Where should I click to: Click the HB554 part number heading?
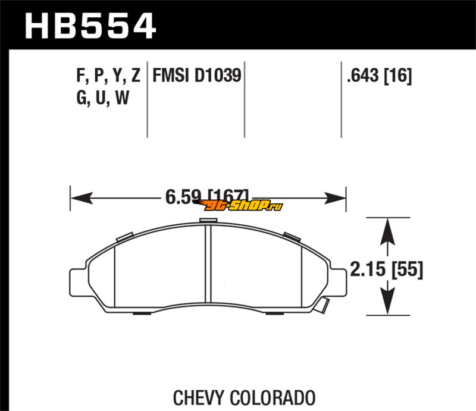click(90, 26)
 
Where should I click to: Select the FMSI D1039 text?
click(197, 75)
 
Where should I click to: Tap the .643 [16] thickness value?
click(379, 76)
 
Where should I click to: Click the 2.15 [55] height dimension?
click(386, 269)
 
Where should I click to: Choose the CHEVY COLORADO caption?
click(244, 397)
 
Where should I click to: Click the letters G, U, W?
click(103, 98)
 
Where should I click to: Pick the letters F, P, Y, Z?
click(108, 76)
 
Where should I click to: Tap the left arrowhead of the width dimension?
click(82, 198)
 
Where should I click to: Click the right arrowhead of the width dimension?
click(335, 198)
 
